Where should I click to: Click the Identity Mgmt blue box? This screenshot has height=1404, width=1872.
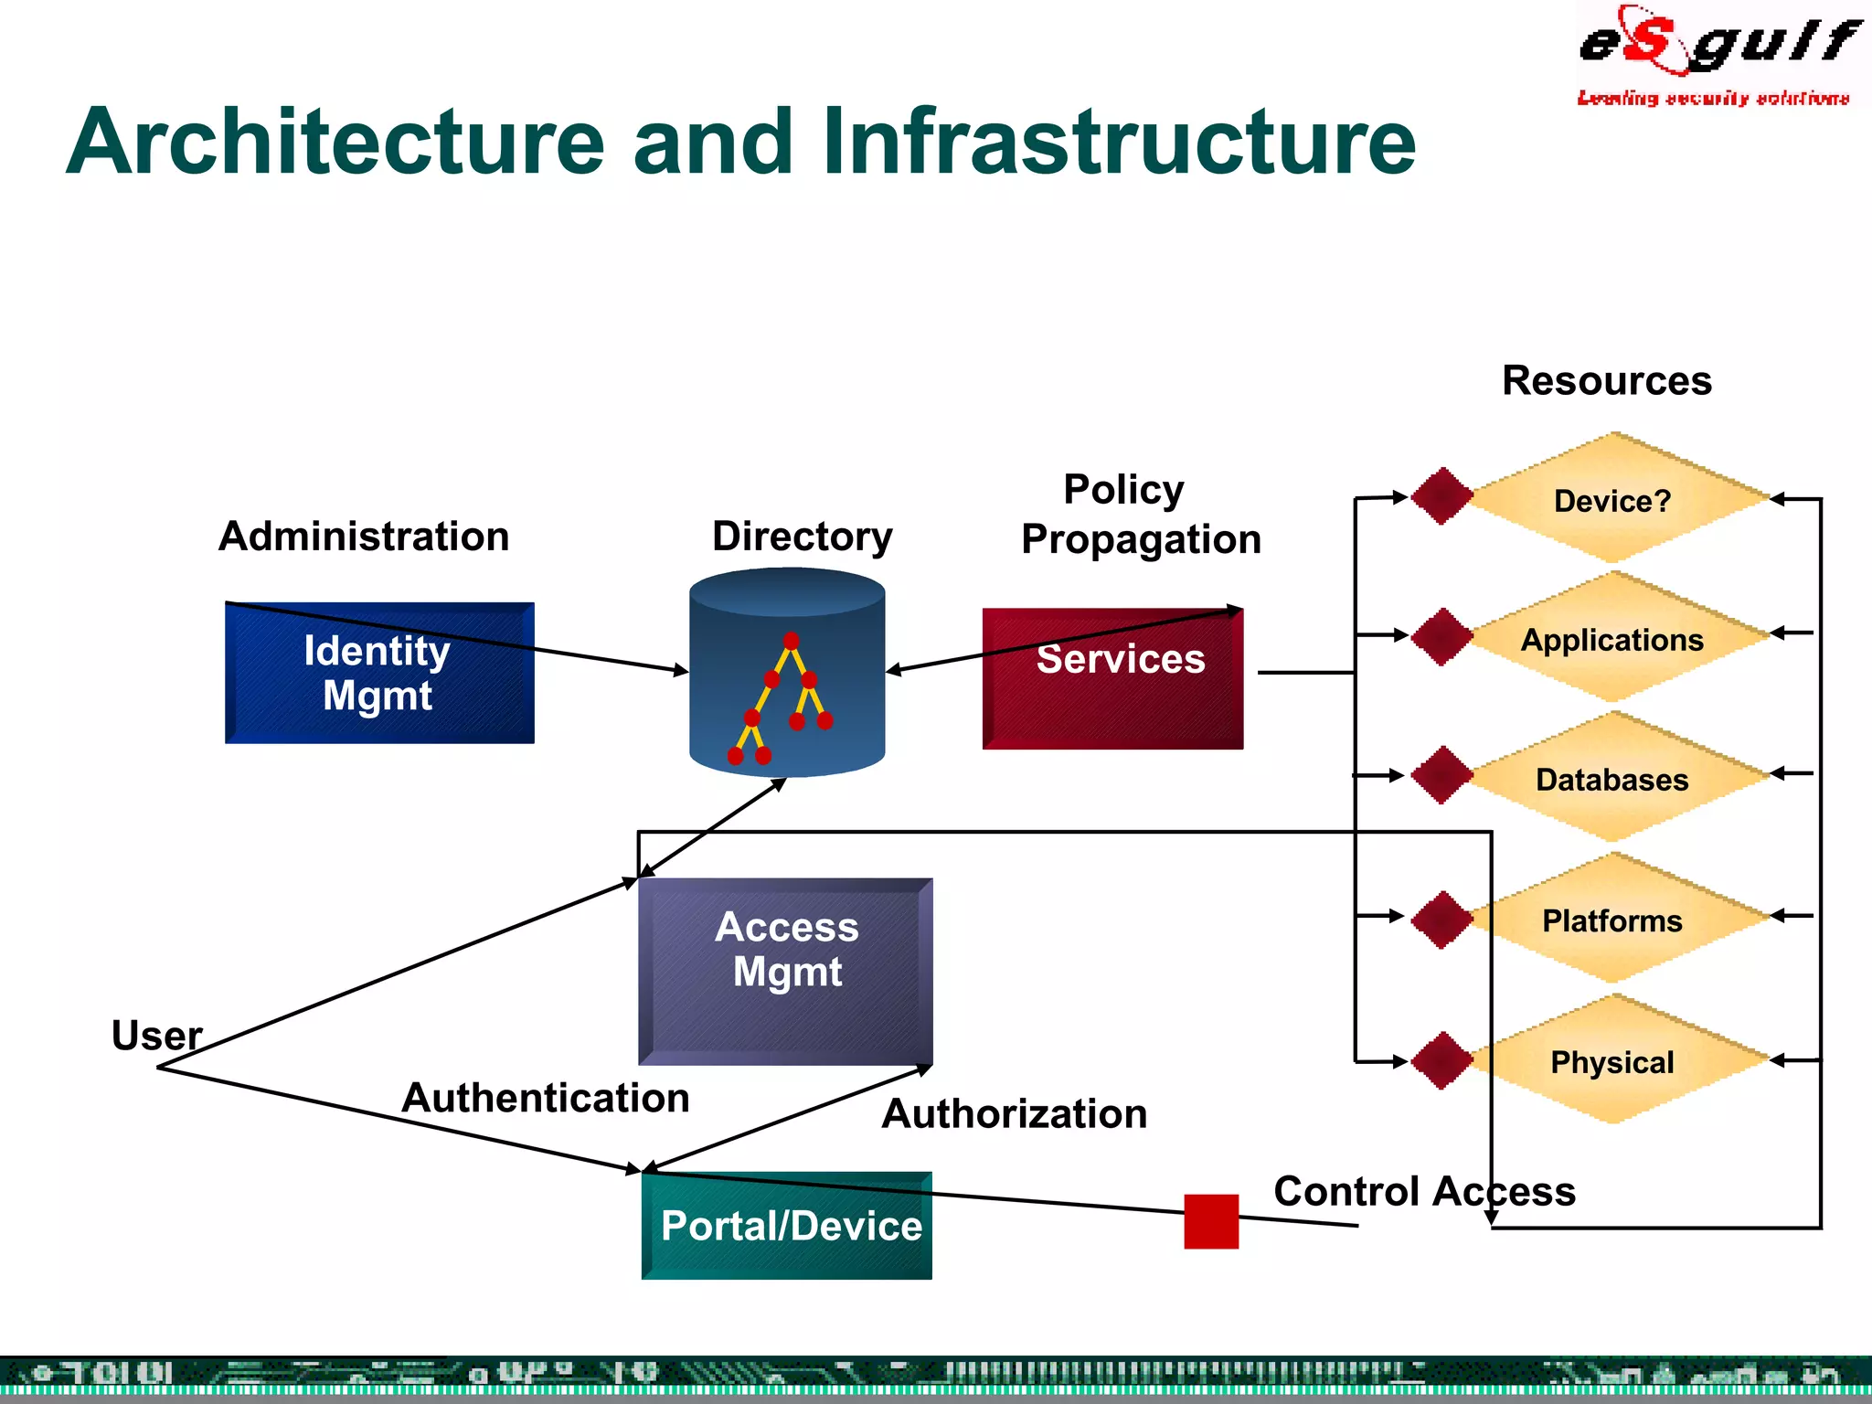(379, 673)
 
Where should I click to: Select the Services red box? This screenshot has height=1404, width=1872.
(1112, 679)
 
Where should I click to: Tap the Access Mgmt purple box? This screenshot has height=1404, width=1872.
(785, 971)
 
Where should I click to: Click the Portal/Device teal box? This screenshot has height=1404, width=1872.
(786, 1226)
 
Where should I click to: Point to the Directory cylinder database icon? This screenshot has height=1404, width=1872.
(787, 674)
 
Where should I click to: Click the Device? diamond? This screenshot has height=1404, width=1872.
(1614, 499)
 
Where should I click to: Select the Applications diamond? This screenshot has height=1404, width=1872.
(1614, 638)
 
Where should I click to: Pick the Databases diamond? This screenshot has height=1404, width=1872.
(1614, 778)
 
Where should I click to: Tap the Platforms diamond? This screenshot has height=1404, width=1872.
(1614, 919)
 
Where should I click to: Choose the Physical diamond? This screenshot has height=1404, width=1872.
(1614, 1060)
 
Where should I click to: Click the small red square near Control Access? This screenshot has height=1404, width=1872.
(1211, 1221)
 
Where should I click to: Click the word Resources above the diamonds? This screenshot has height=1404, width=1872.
(1606, 380)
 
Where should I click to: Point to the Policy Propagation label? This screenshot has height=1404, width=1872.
(1140, 514)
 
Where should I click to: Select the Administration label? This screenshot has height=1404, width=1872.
(364, 536)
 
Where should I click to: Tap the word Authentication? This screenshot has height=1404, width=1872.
(546, 1097)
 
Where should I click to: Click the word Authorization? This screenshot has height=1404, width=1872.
(1014, 1113)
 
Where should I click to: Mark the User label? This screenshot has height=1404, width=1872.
(156, 1036)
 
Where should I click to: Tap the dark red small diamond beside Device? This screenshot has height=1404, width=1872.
(1441, 496)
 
